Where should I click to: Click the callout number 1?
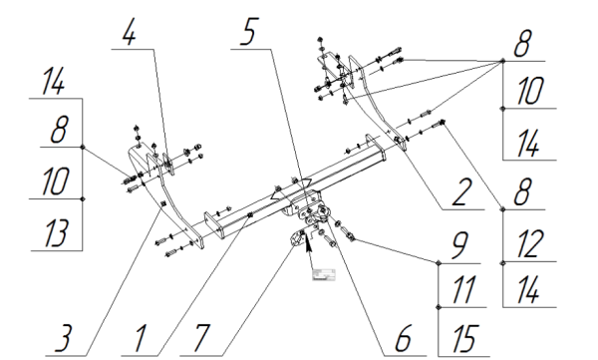point(141,338)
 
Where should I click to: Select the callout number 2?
point(461,192)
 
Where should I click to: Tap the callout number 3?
point(64,338)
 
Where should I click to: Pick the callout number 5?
point(249,32)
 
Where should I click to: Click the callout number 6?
point(403,338)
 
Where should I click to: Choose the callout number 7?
point(201,338)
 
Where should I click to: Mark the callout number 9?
point(460,245)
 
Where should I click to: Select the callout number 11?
point(463,289)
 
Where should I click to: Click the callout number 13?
point(57,233)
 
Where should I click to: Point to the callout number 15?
point(465,338)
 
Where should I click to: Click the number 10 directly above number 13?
point(56,180)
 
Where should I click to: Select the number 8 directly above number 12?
point(522,192)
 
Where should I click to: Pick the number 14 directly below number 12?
point(528,289)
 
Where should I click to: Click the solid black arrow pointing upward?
point(309,250)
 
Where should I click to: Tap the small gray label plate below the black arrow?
point(324,274)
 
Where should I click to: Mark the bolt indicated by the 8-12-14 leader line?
point(439,124)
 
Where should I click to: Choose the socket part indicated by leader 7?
point(297,239)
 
